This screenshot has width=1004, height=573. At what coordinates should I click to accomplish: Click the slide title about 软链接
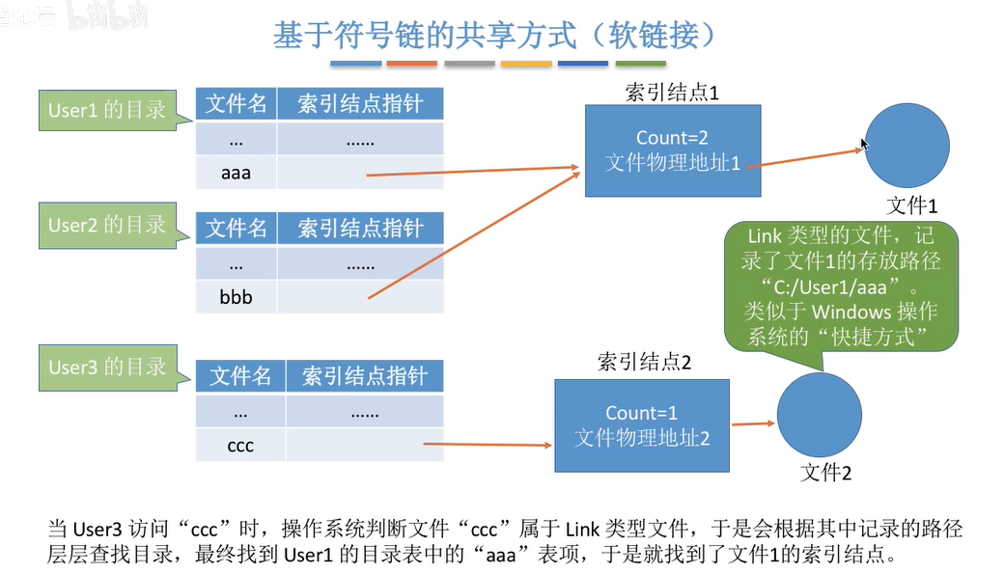(x=495, y=36)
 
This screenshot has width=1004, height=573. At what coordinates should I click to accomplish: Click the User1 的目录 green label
(x=107, y=110)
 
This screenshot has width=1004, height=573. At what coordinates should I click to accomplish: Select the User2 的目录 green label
(x=107, y=225)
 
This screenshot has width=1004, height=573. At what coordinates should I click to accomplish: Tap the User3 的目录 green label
(x=107, y=368)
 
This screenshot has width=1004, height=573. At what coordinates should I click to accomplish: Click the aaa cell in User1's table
(x=237, y=174)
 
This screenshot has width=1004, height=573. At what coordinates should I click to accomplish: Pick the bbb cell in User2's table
(x=237, y=297)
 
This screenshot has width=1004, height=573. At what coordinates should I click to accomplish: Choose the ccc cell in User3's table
(x=240, y=446)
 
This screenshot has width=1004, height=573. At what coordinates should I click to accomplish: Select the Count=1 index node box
(x=642, y=424)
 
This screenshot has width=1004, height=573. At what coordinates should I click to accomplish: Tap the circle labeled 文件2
(x=819, y=417)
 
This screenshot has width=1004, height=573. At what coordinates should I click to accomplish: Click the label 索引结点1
(x=672, y=93)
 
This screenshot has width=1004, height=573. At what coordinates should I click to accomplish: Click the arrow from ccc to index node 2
(x=488, y=446)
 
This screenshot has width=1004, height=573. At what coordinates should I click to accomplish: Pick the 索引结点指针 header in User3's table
(x=364, y=375)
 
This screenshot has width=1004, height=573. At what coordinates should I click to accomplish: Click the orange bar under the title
(x=412, y=65)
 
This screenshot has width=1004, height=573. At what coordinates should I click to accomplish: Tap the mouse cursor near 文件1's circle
(x=865, y=145)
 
